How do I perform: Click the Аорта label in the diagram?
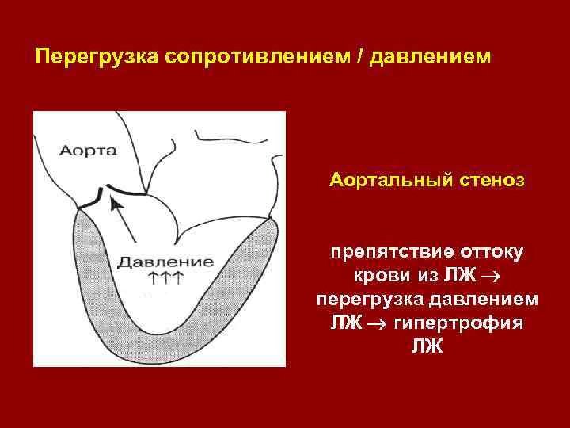tap(88, 150)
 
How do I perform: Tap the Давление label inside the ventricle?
tap(164, 261)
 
